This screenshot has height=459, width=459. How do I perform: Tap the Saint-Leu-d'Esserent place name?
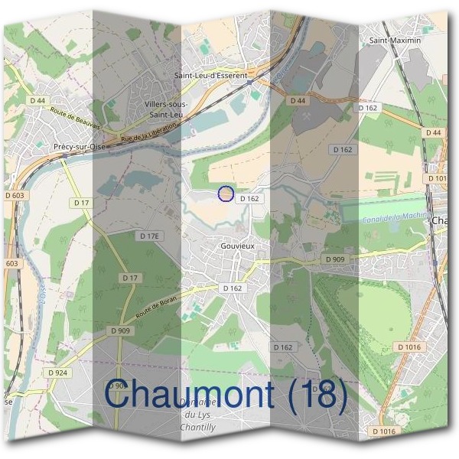210,76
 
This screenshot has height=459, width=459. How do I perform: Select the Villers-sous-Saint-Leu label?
164,109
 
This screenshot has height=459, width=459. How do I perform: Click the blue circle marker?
225,194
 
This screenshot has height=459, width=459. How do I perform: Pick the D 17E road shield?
149,236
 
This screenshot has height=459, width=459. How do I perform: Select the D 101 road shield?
437,178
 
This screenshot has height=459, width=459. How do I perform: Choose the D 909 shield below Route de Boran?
120,330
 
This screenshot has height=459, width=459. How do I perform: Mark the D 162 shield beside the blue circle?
249,198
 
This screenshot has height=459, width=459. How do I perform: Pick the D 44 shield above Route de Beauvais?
38,100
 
